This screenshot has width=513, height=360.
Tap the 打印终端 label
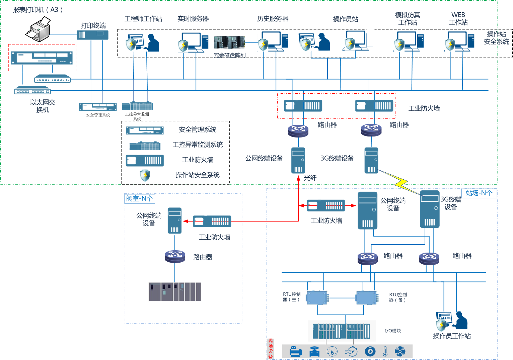click(x=93, y=25)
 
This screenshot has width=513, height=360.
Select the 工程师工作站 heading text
click(x=143, y=19)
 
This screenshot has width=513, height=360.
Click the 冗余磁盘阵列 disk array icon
click(x=229, y=42)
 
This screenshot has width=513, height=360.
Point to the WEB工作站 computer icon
click(x=460, y=41)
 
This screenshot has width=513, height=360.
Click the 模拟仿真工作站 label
click(x=408, y=19)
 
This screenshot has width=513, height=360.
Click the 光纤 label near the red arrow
click(x=310, y=178)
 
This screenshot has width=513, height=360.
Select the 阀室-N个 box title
click(x=140, y=198)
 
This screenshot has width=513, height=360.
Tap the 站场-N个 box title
click(x=479, y=193)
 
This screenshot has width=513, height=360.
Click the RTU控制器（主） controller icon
click(x=317, y=297)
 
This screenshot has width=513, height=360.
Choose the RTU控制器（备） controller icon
click(x=367, y=297)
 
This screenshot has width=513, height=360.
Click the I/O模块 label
click(x=393, y=331)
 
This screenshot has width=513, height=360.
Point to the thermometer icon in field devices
click(x=385, y=351)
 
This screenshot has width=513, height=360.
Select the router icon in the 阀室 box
click(x=175, y=256)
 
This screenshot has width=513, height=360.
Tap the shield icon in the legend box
click(x=145, y=175)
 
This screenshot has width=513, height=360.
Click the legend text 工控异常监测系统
click(x=198, y=145)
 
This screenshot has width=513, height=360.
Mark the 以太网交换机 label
click(x=43, y=106)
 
